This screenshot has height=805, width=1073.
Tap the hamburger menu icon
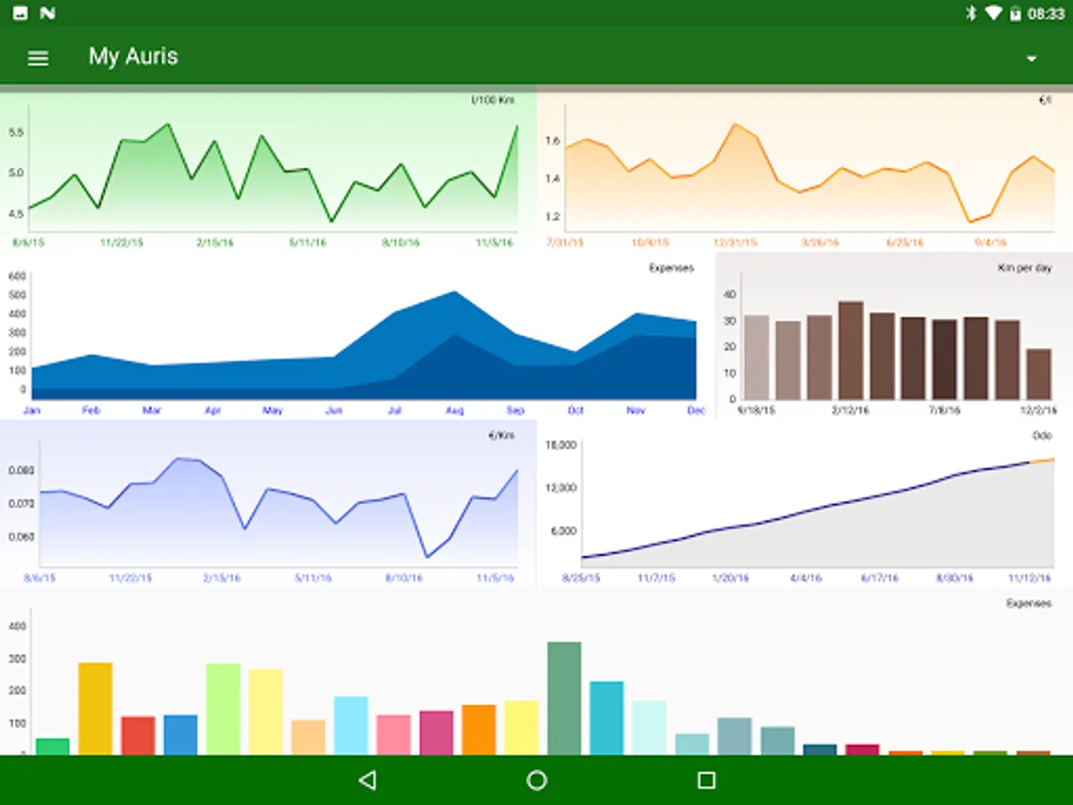click(x=38, y=58)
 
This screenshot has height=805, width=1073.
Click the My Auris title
click(x=133, y=56)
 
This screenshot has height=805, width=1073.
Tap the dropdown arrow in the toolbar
click(x=1031, y=59)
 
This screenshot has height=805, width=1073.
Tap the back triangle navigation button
click(x=367, y=780)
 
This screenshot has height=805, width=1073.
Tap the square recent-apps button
click(x=706, y=780)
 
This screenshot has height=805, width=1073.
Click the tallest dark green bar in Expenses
click(x=564, y=698)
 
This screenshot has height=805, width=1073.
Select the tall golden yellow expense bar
click(x=96, y=708)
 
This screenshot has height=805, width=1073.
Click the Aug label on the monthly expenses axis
click(x=454, y=411)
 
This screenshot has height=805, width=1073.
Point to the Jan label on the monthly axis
click(x=31, y=411)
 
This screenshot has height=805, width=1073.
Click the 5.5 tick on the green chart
click(x=16, y=132)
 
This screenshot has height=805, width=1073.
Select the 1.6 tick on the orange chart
click(x=551, y=141)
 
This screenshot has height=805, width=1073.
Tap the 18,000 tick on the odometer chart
click(x=562, y=445)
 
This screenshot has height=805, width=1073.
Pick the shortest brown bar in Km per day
click(x=1038, y=374)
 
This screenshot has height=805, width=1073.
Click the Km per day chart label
click(x=1025, y=268)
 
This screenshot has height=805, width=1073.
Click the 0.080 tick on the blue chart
click(x=20, y=470)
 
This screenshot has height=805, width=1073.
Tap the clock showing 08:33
click(x=1046, y=13)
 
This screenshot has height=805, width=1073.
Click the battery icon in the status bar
click(x=1016, y=13)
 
